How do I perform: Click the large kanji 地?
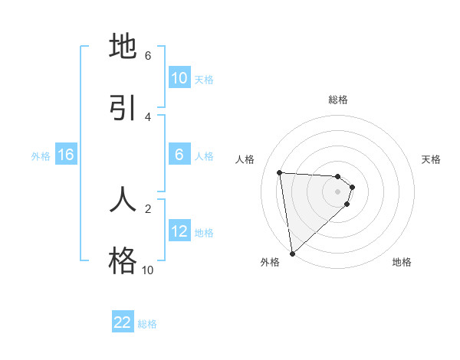pos(123,47)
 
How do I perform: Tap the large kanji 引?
pos(123,108)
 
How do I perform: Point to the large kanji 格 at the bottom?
pos(123,261)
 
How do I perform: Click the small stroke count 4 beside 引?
pos(148,116)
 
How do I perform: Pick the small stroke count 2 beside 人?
pos(148,208)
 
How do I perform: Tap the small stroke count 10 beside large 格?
pos(147,270)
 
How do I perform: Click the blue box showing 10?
pos(179,78)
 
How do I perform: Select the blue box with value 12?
pos(179,231)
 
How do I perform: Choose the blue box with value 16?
pos(66,155)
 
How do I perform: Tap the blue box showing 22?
pos(123,322)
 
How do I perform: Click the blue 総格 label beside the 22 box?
pos(147,324)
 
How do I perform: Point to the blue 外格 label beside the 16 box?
pos(41,156)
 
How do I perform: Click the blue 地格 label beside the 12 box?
pos(204,233)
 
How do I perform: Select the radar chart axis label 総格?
pos(338,100)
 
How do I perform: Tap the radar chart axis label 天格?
pos(432,159)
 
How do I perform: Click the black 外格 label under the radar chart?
pos(270,262)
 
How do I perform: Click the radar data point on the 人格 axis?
pos(280,172)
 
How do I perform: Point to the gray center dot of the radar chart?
pos(338,191)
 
